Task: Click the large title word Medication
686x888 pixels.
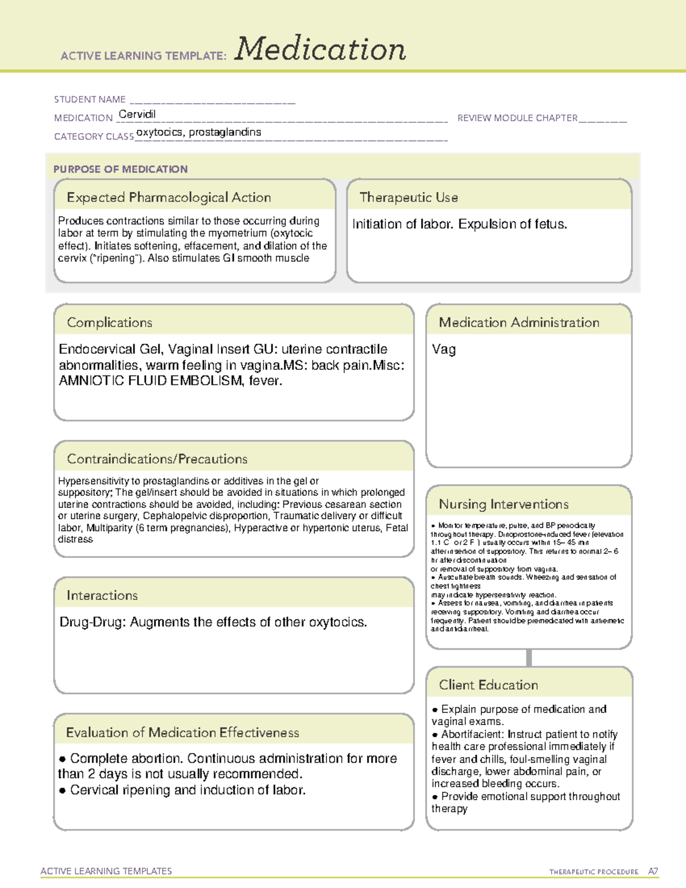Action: click(320, 49)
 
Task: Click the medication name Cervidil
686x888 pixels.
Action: click(137, 114)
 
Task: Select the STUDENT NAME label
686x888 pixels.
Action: click(90, 99)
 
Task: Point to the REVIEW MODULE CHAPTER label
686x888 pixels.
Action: click(517, 118)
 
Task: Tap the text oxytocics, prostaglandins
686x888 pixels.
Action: click(198, 132)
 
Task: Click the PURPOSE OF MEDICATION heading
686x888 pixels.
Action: click(121, 169)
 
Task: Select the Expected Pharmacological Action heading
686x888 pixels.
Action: click(169, 197)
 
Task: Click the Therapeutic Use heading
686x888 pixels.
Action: click(409, 197)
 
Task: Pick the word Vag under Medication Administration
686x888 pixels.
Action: click(444, 349)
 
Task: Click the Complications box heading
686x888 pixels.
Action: click(110, 322)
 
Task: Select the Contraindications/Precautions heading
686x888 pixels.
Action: click(157, 459)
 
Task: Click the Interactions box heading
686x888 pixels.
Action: click(102, 595)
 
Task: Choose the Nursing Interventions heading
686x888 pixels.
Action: click(504, 504)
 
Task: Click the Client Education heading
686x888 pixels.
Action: click(488, 685)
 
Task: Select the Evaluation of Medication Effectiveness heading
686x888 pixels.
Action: click(182, 732)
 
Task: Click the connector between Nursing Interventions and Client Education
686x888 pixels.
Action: click(529, 658)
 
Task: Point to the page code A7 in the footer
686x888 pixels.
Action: click(653, 871)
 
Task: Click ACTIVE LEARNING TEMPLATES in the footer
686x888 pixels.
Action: click(106, 871)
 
